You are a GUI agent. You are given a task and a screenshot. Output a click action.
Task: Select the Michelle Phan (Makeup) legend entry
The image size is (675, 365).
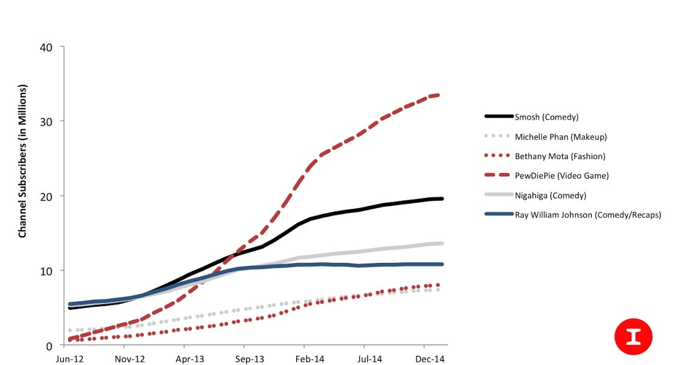(560, 137)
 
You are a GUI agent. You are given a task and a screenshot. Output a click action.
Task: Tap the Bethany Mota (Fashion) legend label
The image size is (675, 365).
(560, 156)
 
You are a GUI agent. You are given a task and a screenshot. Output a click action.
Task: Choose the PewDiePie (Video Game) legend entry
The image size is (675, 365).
(561, 176)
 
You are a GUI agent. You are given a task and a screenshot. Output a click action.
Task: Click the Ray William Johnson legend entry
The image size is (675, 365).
(588, 214)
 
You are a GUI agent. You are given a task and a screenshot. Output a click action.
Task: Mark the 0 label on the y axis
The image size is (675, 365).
(49, 346)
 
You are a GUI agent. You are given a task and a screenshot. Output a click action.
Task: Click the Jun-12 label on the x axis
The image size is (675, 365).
(69, 359)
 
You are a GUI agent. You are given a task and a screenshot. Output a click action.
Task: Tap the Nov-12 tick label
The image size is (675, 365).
(129, 359)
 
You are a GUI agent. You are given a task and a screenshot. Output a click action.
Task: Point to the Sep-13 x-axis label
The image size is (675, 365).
(249, 359)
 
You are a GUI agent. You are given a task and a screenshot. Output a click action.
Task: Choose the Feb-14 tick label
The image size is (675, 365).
(309, 359)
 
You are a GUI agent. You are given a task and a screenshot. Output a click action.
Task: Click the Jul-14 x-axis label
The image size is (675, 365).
(369, 359)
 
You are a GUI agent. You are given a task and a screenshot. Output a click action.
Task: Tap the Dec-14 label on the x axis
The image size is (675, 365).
(429, 359)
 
